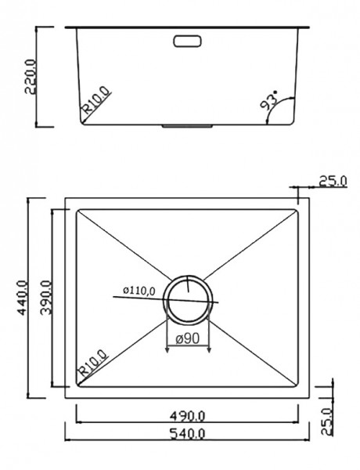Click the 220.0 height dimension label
click(x=31, y=77)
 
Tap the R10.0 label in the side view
click(x=97, y=99)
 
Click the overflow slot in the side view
click(x=187, y=41)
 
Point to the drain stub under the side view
click(x=188, y=126)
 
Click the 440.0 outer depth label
click(x=23, y=298)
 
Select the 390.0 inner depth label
click(x=46, y=298)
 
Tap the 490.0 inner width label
click(x=188, y=416)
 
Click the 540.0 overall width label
click(x=188, y=433)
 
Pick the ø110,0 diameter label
click(x=139, y=291)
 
